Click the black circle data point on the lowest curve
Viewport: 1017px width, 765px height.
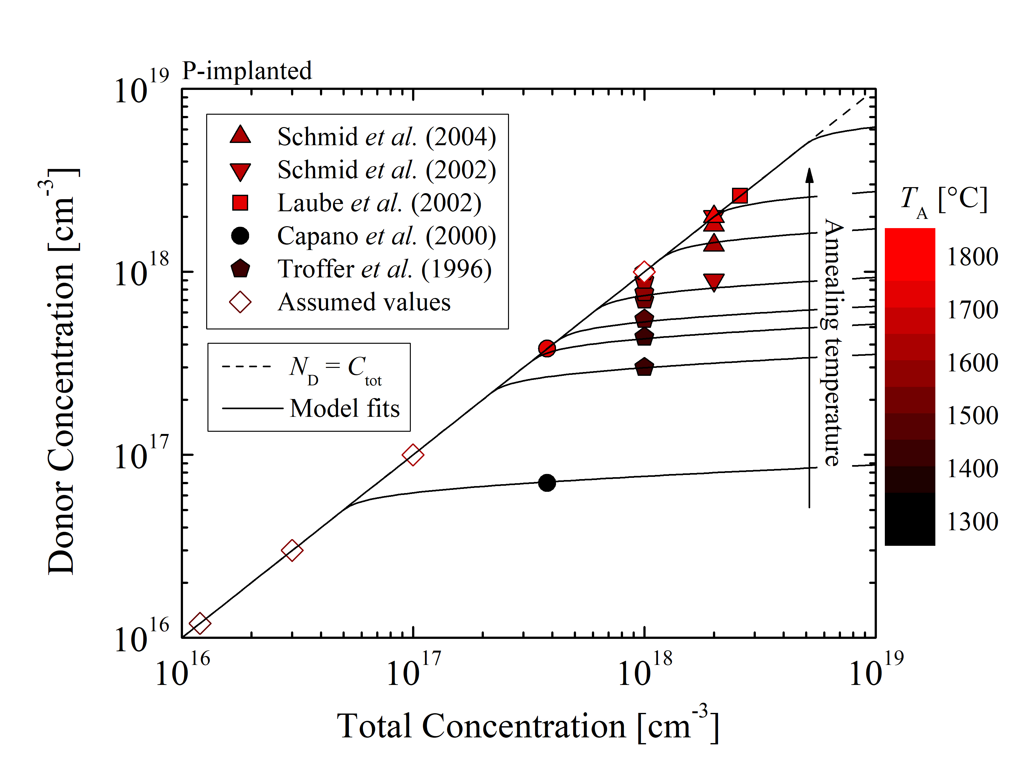tap(547, 483)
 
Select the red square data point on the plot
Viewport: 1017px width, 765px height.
tap(740, 196)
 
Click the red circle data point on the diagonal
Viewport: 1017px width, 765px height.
tap(547, 349)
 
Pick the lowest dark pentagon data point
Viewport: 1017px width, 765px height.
tap(644, 367)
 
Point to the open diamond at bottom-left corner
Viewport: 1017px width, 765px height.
tap(200, 623)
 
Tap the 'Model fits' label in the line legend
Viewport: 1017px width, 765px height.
tap(345, 408)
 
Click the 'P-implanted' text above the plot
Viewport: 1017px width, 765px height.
tap(247, 71)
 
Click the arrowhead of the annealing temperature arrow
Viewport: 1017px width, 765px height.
tap(810, 175)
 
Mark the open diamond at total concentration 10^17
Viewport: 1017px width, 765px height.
tap(413, 455)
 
